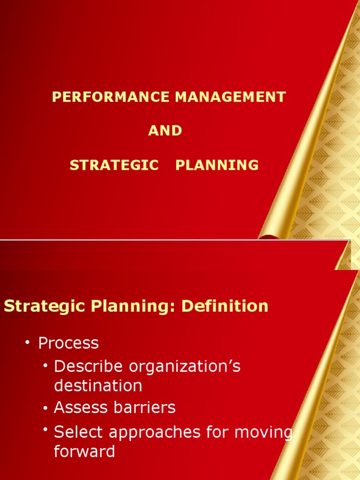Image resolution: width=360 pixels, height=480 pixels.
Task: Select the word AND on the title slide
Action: click(x=165, y=131)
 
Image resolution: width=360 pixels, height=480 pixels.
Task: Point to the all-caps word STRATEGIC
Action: click(x=114, y=165)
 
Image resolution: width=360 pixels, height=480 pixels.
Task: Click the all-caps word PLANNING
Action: click(x=217, y=165)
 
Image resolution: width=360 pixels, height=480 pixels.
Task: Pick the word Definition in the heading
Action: click(x=225, y=307)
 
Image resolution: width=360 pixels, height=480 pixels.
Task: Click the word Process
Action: click(x=68, y=343)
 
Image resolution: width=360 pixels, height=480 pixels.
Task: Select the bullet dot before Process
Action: click(x=28, y=343)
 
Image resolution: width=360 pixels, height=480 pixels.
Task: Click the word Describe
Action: click(x=82, y=366)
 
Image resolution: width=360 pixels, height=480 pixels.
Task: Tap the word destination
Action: click(x=98, y=386)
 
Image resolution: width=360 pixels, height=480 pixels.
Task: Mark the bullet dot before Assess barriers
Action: click(x=45, y=408)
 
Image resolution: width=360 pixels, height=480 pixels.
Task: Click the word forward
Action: click(x=84, y=451)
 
